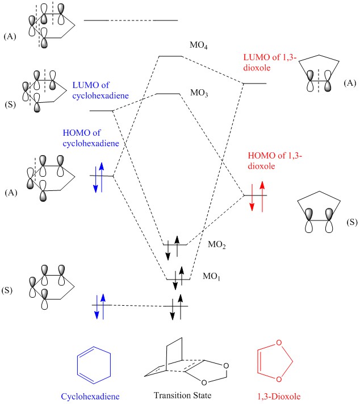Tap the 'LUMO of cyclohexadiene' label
95,90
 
